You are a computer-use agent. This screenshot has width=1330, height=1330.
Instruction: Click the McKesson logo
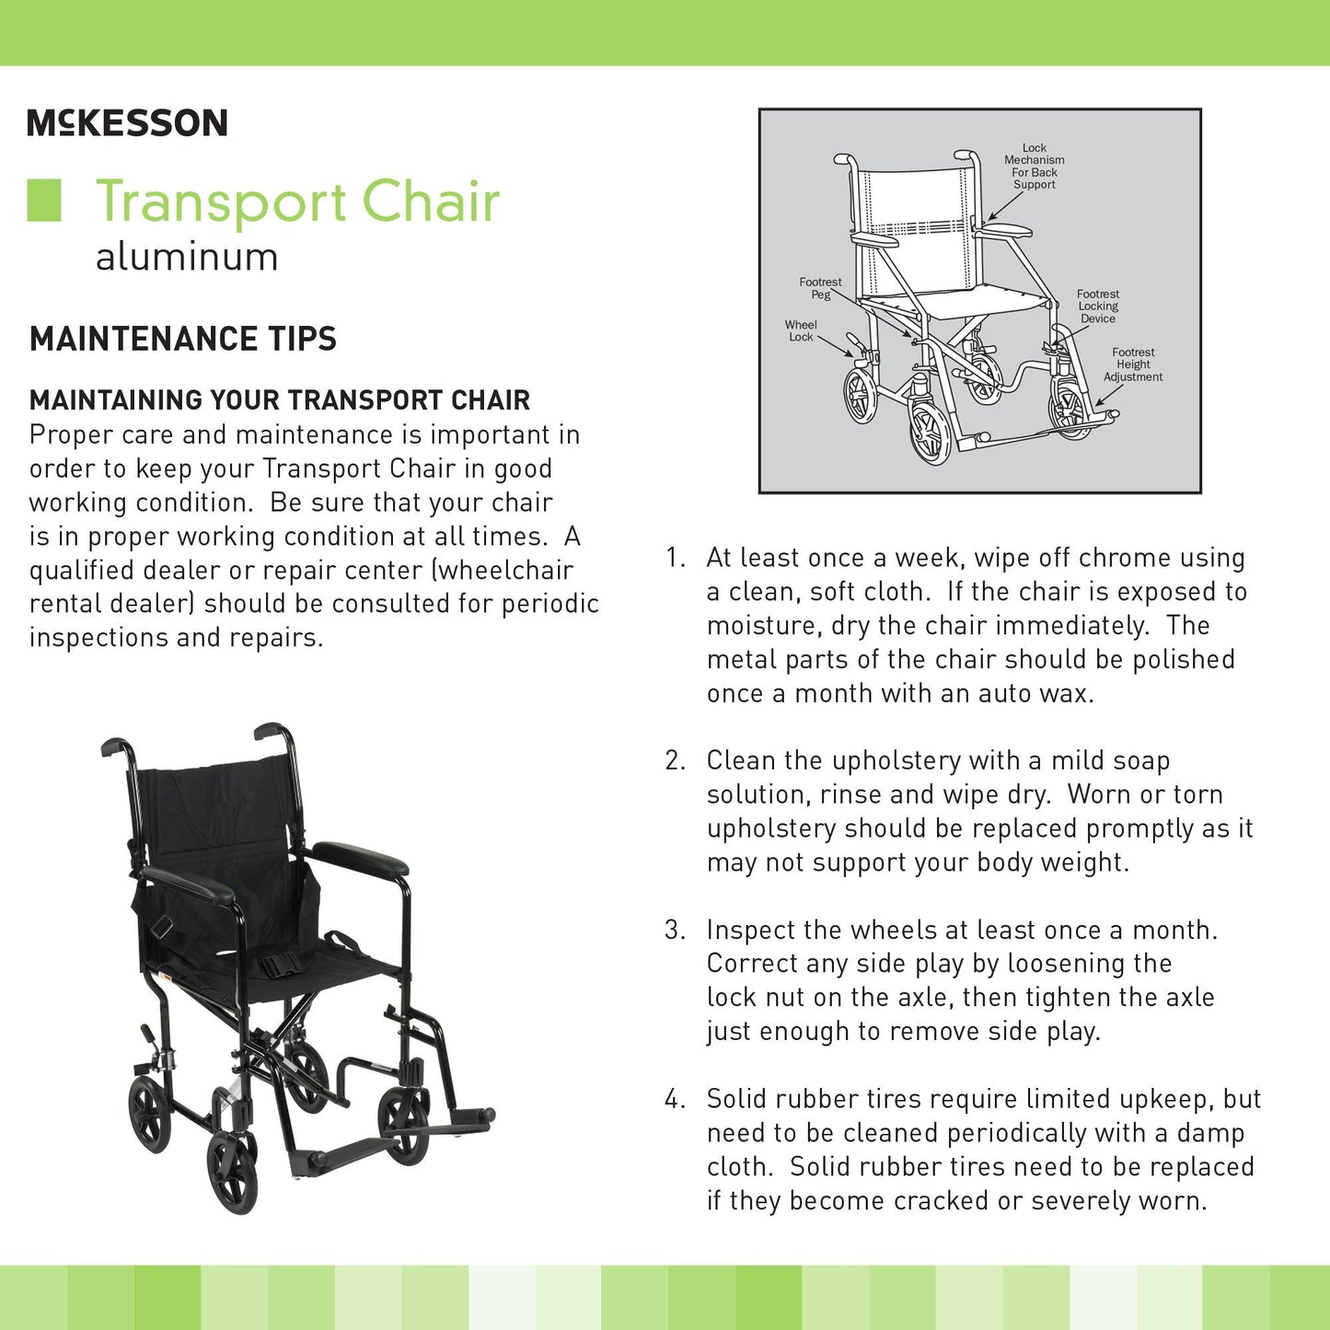tap(127, 122)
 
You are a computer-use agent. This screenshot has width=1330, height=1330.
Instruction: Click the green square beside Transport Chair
tap(44, 201)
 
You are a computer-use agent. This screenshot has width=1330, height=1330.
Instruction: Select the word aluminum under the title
tap(187, 257)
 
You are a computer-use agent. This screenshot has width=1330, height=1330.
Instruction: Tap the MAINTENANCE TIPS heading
tap(183, 339)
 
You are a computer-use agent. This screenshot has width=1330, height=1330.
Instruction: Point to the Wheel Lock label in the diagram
tap(801, 330)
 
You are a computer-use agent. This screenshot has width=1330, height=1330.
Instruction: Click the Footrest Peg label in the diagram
tap(820, 288)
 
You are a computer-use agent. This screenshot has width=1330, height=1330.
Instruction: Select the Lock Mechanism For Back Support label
tap(1035, 166)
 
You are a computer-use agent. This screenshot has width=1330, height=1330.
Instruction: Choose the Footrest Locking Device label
tap(1097, 306)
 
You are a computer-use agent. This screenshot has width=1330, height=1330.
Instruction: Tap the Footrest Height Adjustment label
tap(1133, 364)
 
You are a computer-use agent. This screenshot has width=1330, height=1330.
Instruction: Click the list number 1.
tap(675, 558)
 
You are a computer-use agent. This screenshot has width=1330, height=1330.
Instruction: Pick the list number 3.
tap(675, 930)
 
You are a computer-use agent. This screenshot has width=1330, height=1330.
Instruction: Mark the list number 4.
tap(675, 1099)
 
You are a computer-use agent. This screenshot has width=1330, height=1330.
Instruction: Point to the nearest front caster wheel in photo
tap(231, 1172)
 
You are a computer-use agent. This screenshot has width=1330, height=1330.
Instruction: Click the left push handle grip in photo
tap(117, 746)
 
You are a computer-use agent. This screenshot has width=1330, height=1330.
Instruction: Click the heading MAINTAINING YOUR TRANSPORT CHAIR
tap(280, 400)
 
